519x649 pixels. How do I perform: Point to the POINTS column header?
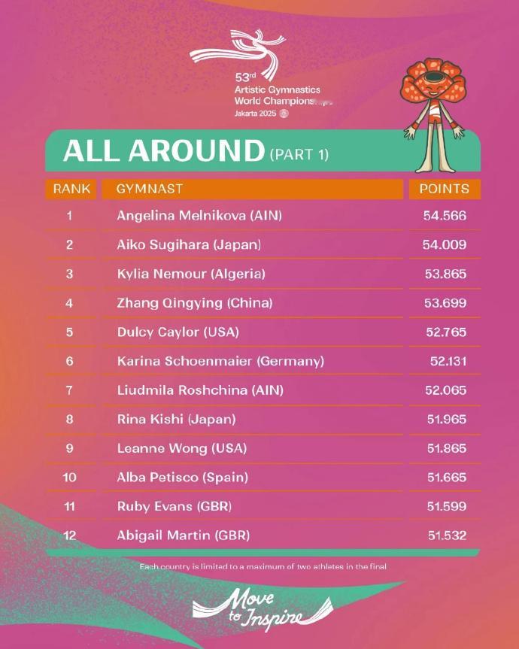[444, 189]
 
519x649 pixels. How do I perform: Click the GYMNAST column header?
[150, 189]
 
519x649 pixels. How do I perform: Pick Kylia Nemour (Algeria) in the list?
[191, 274]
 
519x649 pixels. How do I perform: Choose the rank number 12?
[69, 535]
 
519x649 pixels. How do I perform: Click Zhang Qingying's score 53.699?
[446, 303]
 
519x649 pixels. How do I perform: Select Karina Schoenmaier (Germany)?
[220, 361]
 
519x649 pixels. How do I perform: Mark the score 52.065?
[446, 390]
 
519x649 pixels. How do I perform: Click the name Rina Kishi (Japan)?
[177, 419]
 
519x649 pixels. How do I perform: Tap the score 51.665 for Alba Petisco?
[446, 478]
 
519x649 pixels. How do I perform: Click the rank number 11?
[69, 506]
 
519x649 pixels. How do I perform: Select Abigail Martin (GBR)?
[184, 535]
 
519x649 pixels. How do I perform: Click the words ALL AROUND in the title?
[163, 151]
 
